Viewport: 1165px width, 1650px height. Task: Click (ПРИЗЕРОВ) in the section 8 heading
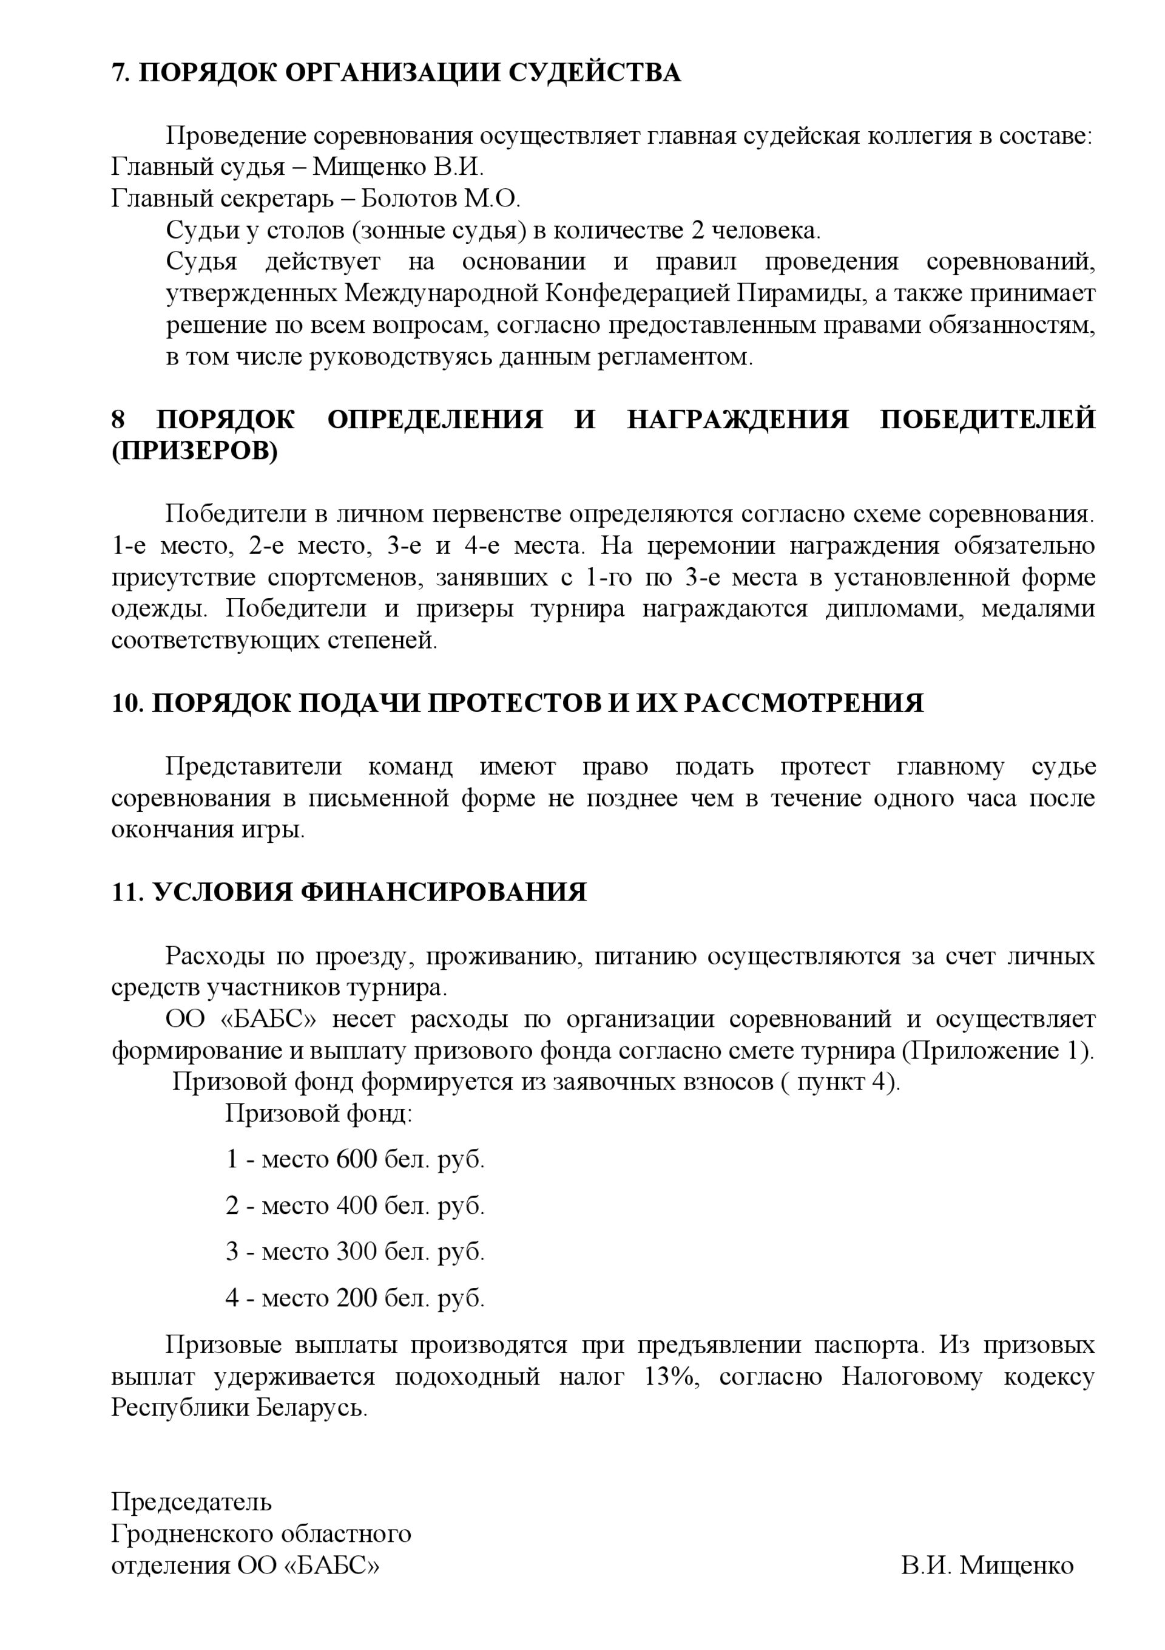tap(194, 451)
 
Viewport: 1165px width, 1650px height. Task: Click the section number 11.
tap(128, 893)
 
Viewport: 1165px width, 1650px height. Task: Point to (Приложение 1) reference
tap(997, 1051)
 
